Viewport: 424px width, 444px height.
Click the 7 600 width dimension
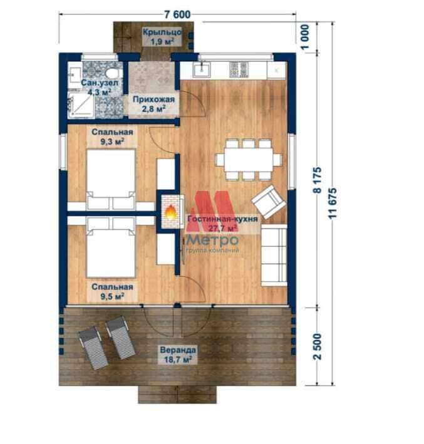[x=178, y=15]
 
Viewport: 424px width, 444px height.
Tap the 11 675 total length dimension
[x=333, y=203]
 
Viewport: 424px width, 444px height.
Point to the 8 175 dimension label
[x=318, y=180]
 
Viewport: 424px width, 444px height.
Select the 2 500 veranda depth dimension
[x=318, y=346]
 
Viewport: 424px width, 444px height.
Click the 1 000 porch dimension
[x=305, y=37]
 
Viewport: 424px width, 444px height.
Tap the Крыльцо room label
[x=162, y=32]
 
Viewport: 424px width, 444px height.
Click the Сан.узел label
[x=100, y=83]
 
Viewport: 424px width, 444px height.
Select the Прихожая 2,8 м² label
[x=154, y=104]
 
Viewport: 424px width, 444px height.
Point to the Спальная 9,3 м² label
[x=113, y=137]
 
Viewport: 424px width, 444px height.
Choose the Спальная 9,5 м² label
[x=113, y=292]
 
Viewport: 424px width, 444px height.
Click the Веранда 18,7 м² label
[x=178, y=355]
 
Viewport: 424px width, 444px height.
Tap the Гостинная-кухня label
[x=222, y=219]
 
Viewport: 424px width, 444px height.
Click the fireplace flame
[x=170, y=212]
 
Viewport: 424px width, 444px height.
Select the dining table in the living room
[x=249, y=160]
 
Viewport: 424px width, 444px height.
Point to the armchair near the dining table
[x=268, y=202]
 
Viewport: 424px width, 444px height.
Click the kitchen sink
[x=202, y=70]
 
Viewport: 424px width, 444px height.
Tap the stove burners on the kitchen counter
[x=239, y=70]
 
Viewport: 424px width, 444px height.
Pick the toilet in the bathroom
[x=113, y=73]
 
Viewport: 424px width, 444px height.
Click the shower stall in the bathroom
[x=81, y=105]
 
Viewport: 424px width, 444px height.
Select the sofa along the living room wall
[x=274, y=256]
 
